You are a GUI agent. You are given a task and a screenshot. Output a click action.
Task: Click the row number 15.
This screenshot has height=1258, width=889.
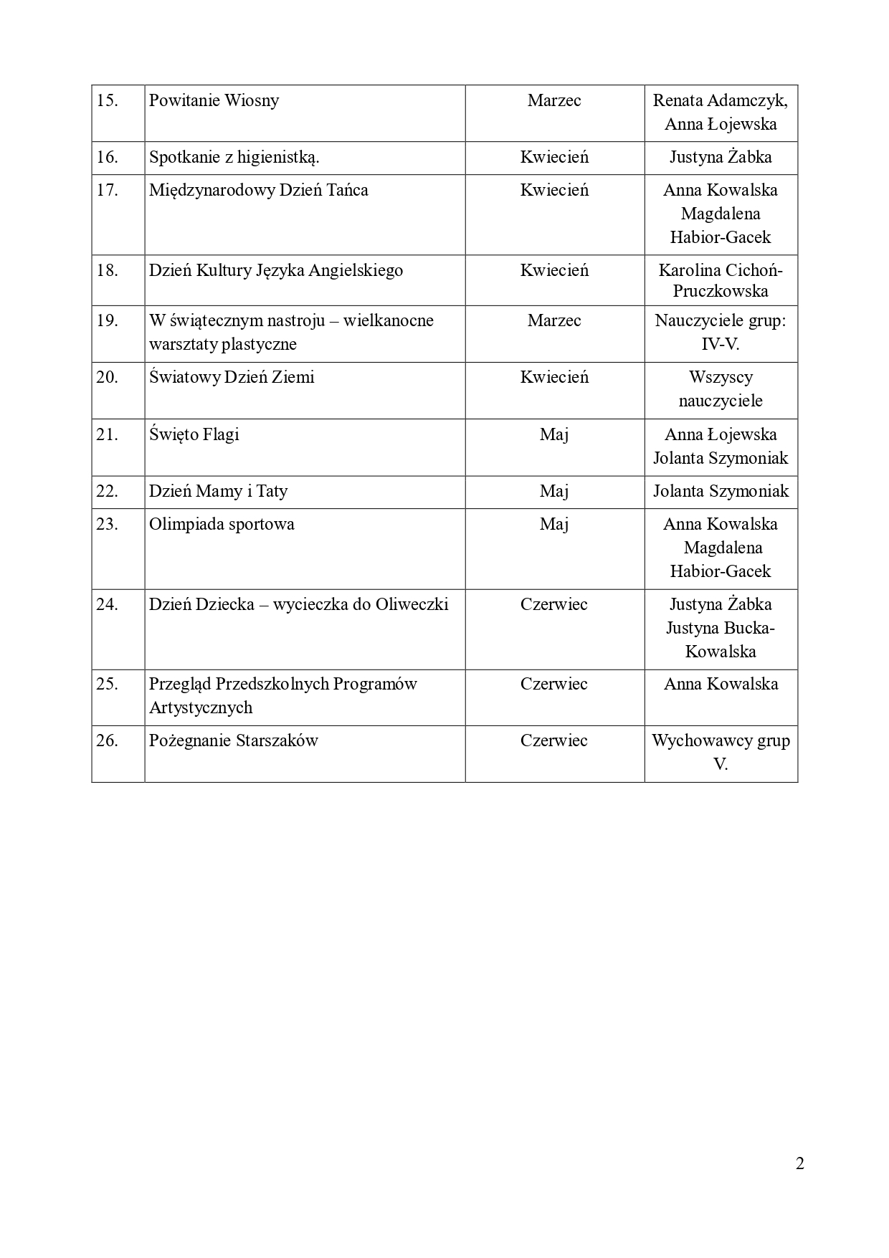coord(107,100)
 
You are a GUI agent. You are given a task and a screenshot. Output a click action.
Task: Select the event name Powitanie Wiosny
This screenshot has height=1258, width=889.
coord(214,100)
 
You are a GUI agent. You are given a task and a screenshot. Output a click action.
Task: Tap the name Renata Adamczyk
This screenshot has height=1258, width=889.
coord(719,100)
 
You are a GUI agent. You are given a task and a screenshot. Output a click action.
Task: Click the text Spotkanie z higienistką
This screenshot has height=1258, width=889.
coord(234,157)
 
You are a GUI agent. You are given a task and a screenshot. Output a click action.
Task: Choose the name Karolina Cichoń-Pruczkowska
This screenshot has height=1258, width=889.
coord(721,280)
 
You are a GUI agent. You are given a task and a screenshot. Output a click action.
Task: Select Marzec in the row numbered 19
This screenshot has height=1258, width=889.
coord(554,320)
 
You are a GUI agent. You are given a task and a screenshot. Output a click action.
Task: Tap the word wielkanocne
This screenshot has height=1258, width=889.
coord(389,320)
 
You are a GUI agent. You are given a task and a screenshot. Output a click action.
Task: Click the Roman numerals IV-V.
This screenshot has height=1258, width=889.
coord(720,344)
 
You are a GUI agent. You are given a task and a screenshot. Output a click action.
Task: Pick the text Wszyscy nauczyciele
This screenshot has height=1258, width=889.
coord(721,389)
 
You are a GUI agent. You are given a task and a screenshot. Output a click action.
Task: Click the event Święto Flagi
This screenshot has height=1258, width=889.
coord(194,434)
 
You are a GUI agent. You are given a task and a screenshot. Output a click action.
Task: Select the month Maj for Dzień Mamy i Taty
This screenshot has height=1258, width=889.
coord(554,491)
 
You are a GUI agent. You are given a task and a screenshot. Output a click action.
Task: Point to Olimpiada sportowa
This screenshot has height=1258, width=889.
coord(222,524)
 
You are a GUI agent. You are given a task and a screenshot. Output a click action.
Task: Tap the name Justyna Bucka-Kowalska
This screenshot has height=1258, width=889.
coord(721,639)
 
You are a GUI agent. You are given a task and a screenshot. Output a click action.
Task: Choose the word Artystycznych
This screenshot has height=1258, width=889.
coord(201,707)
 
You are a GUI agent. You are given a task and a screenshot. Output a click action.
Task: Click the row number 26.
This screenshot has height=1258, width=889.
coord(107,740)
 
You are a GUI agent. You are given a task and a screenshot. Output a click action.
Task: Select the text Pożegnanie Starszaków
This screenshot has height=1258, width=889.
coord(233,740)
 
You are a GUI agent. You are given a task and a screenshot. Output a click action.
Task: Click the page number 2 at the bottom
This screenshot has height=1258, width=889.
coord(800,1163)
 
